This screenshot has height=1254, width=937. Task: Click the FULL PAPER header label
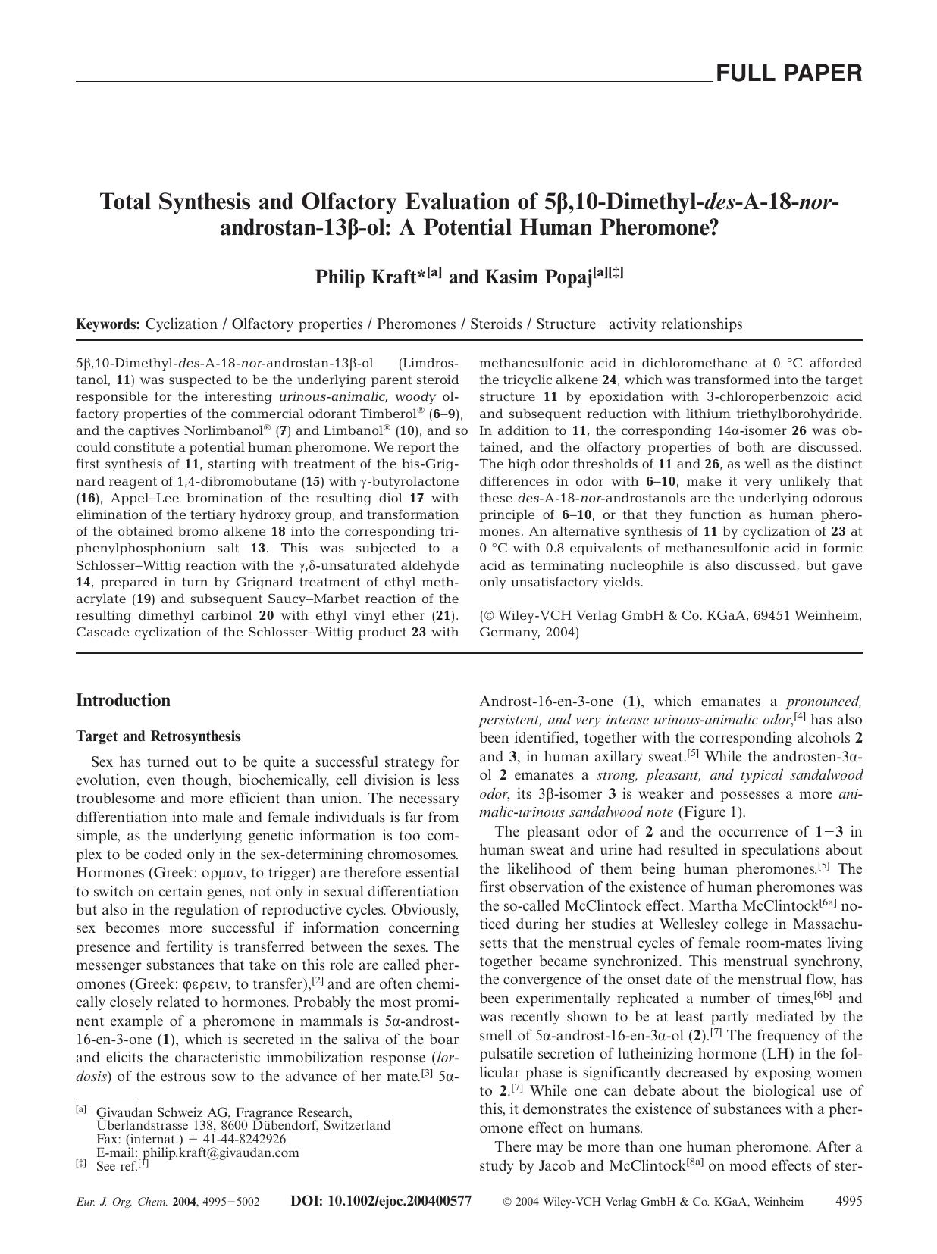788,73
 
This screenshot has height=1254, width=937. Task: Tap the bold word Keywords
108,324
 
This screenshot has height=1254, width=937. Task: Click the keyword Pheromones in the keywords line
416,324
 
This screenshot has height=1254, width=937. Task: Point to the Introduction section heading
123,700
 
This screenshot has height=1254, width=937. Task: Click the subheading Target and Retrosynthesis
158,736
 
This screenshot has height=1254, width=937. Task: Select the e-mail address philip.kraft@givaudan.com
221,1152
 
